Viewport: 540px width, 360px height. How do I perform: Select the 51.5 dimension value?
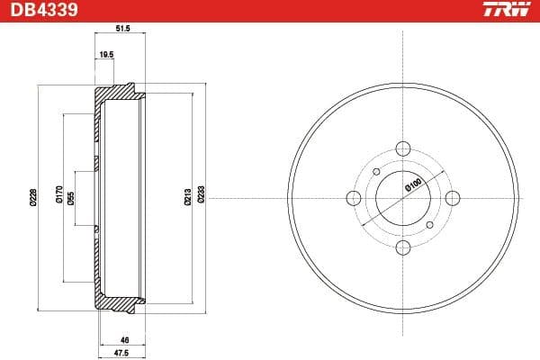(x=123, y=29)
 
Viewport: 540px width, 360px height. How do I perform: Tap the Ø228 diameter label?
(x=33, y=197)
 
